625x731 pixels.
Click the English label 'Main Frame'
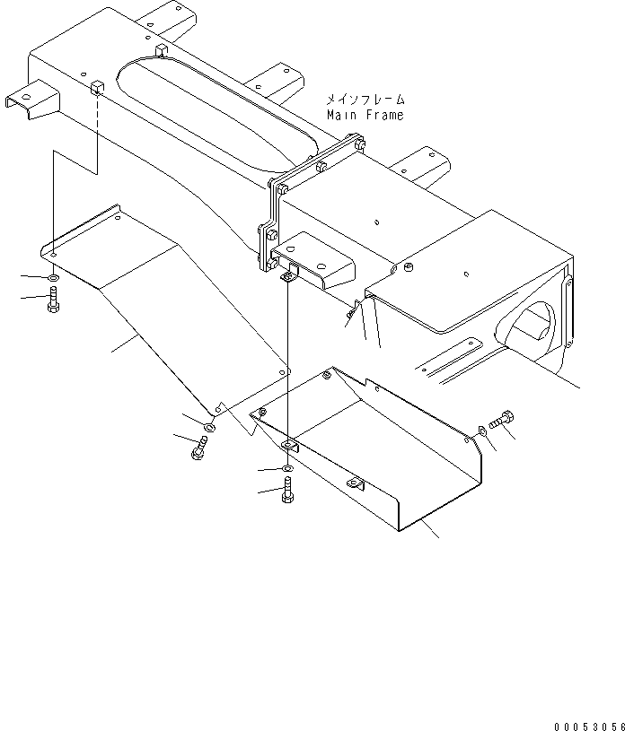365,116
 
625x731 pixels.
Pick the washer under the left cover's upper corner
53,279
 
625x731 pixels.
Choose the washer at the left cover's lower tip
209,427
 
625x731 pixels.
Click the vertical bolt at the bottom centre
287,491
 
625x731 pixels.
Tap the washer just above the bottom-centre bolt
286,469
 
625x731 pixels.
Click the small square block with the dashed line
95,86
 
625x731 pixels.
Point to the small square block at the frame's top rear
160,48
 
